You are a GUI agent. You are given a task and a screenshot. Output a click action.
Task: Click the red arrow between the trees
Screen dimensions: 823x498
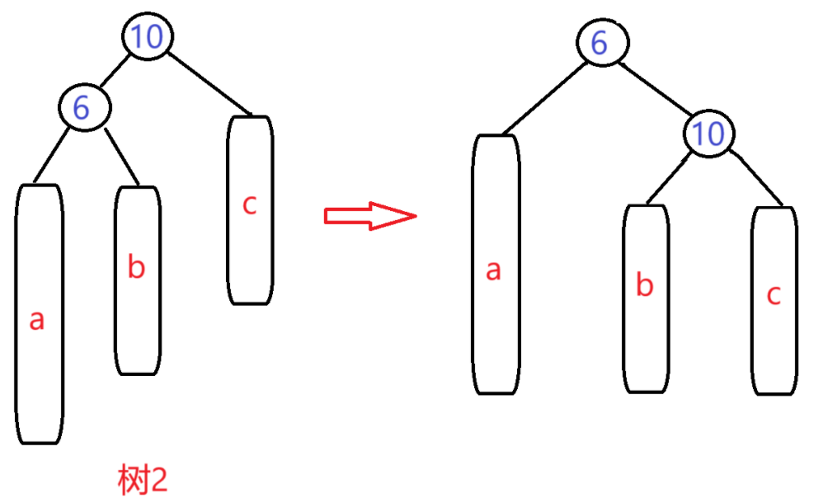click(369, 216)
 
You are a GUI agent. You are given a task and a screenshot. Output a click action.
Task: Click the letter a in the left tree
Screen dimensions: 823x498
click(36, 321)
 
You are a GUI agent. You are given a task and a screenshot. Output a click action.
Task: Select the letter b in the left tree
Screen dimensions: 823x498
click(137, 268)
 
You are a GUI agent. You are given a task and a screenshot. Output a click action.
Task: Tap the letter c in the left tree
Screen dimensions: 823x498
click(250, 204)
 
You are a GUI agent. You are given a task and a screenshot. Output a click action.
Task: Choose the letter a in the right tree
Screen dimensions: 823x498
click(493, 270)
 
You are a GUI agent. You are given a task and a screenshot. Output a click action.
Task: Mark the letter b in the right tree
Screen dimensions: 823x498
click(646, 285)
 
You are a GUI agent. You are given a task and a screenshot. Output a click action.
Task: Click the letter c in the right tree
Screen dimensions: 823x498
click(774, 294)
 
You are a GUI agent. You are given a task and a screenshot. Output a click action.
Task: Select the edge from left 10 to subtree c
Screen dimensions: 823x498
click(211, 82)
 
